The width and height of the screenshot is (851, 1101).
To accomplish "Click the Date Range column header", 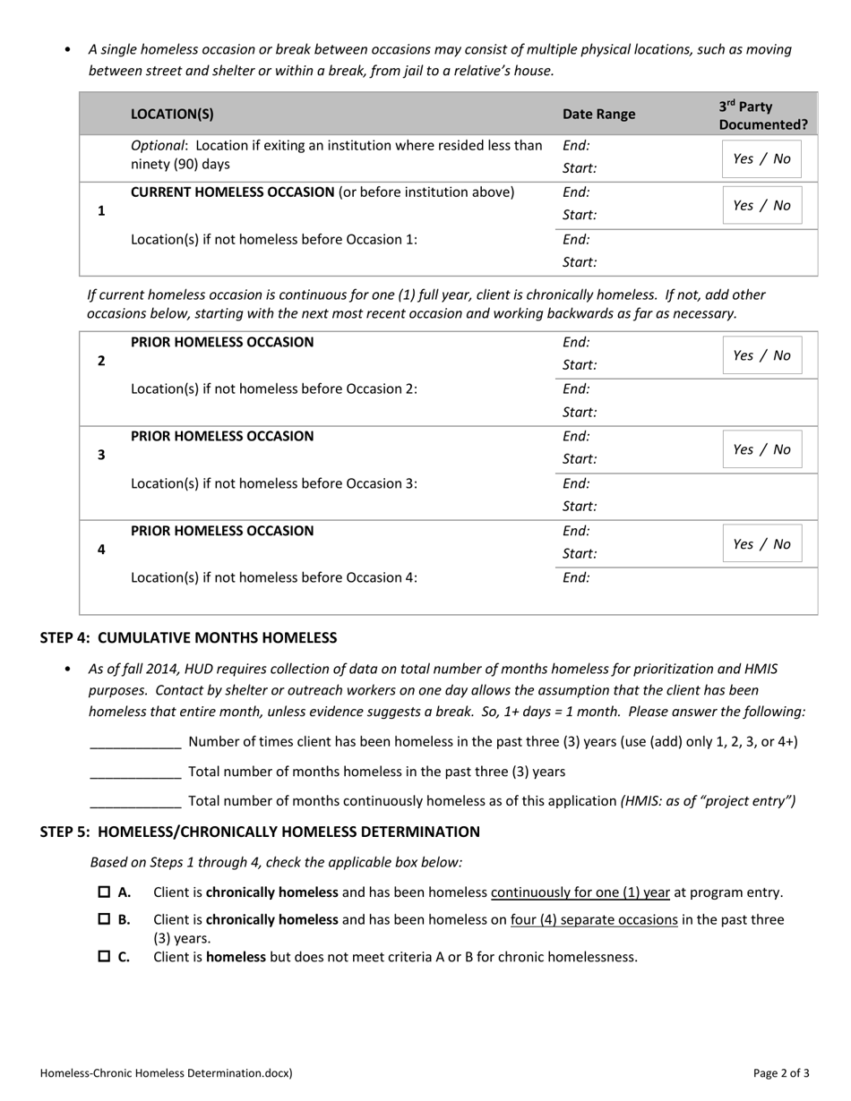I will tap(598, 114).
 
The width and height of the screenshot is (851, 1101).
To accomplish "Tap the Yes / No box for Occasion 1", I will tap(761, 205).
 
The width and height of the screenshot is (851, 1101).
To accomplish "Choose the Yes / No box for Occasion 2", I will tap(761, 355).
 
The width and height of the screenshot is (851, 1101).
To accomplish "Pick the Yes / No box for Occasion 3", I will tap(761, 449).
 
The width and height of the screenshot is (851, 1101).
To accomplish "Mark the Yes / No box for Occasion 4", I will tap(761, 544).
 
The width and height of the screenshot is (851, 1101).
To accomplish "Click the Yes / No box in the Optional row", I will tap(761, 158).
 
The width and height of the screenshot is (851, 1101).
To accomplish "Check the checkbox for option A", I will tap(104, 892).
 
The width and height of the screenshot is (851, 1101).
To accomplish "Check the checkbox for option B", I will tap(104, 919).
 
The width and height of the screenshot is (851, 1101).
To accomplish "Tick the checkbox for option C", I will tap(104, 956).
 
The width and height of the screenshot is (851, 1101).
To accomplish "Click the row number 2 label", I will tap(101, 361).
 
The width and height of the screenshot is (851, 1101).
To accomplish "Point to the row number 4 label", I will tap(101, 550).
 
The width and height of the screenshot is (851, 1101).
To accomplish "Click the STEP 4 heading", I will tap(188, 637).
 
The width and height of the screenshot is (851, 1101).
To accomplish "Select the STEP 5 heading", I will tap(260, 832).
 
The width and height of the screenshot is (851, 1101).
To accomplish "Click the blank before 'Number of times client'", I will tap(136, 742).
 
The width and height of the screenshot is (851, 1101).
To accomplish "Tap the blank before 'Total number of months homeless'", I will tap(136, 772).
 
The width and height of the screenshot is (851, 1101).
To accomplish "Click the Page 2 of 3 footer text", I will tap(781, 1072).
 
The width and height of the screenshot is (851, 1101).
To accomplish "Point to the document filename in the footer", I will tap(167, 1072).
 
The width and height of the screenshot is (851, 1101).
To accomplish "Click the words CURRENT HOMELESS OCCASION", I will tap(232, 192).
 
